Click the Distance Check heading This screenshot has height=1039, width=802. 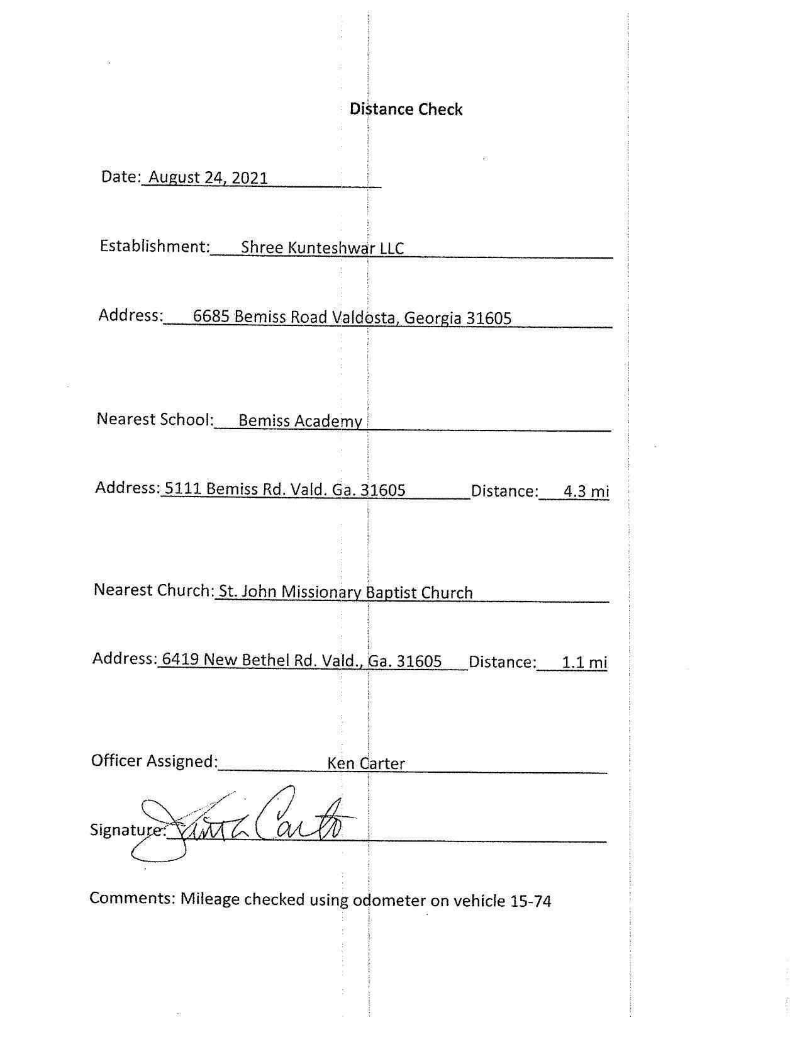(x=406, y=110)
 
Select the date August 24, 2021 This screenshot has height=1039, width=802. (x=208, y=178)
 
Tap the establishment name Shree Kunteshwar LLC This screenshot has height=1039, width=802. (x=322, y=248)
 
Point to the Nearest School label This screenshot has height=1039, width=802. (x=155, y=419)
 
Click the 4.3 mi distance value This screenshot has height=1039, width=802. (x=586, y=491)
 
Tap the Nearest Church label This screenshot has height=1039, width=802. (x=153, y=590)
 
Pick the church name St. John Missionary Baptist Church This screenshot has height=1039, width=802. (x=345, y=592)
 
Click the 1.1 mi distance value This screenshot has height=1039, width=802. (x=584, y=662)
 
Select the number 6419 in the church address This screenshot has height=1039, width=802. (x=181, y=660)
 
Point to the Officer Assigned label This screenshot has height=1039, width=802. (x=154, y=761)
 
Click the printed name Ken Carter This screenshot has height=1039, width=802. (x=365, y=763)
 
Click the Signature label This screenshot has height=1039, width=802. (x=128, y=830)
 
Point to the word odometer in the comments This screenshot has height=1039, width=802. (x=389, y=901)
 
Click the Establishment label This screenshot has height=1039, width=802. (x=154, y=245)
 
